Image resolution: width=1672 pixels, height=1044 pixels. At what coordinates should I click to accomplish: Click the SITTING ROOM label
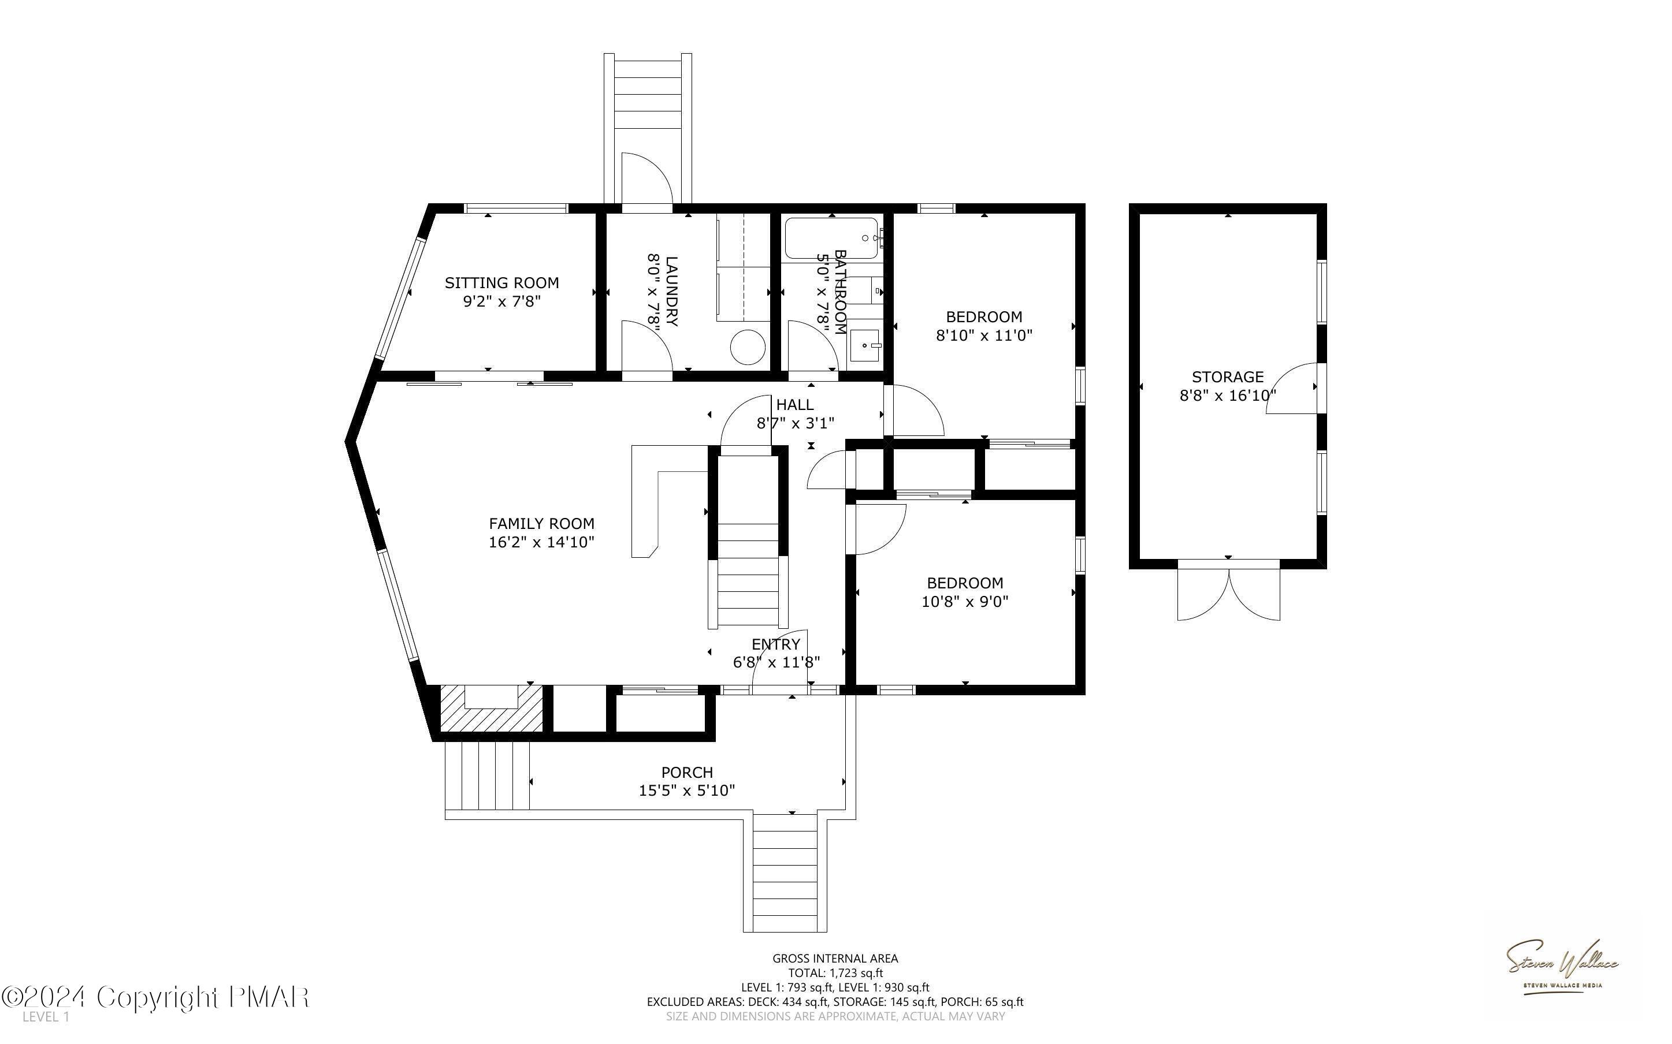(501, 282)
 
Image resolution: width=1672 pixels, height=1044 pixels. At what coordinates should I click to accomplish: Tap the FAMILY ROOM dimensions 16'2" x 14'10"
(541, 542)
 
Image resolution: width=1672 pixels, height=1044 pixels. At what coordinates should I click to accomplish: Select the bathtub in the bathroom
(831, 238)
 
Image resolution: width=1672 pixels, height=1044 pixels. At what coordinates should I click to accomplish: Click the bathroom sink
(865, 345)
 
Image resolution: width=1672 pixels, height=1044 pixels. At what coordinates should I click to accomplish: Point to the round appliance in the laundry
(748, 347)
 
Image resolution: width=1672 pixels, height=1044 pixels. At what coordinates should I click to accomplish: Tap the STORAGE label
(1227, 377)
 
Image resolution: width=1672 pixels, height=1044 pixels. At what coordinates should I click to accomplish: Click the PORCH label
(686, 772)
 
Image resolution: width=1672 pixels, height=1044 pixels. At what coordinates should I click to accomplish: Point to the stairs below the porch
(785, 874)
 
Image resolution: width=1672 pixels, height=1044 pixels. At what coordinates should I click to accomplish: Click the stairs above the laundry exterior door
(648, 103)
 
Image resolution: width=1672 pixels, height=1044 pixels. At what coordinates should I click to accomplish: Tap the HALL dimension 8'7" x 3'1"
(795, 423)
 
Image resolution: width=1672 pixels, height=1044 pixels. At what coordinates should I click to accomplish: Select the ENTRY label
(775, 644)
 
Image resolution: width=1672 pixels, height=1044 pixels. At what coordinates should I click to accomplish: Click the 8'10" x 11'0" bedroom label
(983, 317)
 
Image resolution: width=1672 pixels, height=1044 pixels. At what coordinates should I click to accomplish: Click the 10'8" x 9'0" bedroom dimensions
(965, 602)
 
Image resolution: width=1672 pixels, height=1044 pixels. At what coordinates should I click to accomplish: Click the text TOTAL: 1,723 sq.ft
(835, 973)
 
